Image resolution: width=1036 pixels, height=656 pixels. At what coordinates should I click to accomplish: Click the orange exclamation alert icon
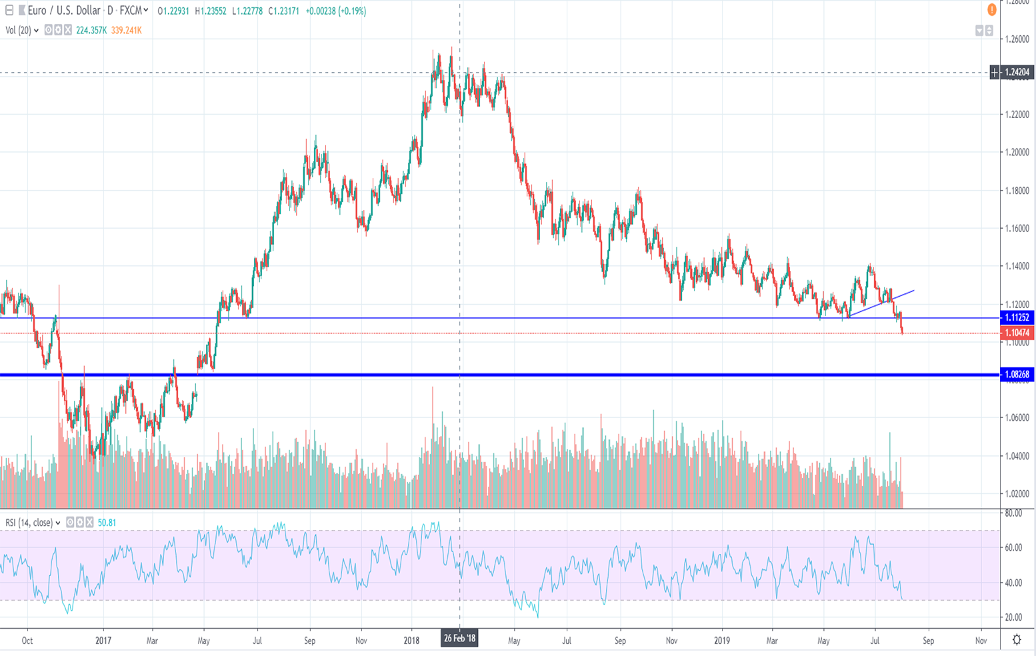(x=991, y=10)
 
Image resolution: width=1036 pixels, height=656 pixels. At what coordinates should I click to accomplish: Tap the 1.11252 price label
(x=1017, y=318)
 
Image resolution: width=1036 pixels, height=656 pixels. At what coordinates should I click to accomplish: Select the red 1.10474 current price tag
(x=1017, y=333)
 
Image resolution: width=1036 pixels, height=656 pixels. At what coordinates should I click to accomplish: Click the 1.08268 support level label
(x=1017, y=375)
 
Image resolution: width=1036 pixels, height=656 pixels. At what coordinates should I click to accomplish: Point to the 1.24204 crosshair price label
(x=1017, y=72)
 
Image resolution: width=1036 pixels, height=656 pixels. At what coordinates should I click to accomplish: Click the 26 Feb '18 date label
(x=459, y=639)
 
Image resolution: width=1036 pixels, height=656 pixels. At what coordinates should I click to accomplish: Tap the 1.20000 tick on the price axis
(x=1017, y=153)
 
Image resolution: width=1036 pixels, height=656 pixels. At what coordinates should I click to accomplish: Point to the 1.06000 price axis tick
(x=1017, y=418)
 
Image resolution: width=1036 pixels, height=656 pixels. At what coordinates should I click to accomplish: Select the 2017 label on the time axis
(x=103, y=641)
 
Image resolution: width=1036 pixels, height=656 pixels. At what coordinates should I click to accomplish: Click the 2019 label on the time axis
(x=722, y=641)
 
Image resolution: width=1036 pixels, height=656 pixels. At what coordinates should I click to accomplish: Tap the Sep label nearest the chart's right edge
(x=928, y=641)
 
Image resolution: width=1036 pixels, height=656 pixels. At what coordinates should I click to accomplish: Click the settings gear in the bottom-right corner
(x=1017, y=640)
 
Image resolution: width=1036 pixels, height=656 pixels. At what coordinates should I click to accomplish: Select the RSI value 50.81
(x=107, y=523)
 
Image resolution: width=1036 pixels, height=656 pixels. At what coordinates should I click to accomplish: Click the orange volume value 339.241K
(x=126, y=31)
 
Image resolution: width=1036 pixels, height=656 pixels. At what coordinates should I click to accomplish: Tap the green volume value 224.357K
(x=91, y=31)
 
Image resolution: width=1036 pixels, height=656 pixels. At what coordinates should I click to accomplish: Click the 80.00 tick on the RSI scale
(x=1013, y=514)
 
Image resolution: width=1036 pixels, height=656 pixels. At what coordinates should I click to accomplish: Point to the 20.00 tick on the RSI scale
(x=1013, y=618)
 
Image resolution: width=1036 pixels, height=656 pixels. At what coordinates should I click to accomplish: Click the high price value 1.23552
(x=211, y=11)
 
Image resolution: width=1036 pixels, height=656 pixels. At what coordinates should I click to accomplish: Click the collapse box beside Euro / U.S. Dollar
(x=9, y=11)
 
